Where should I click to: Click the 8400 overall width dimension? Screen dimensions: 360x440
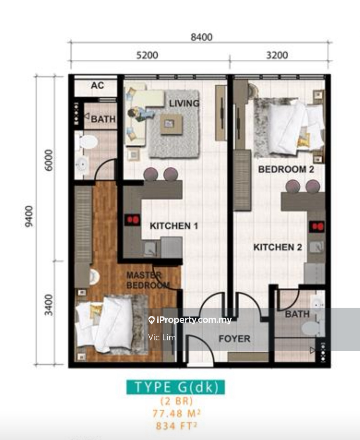pyautogui.click(x=202, y=37)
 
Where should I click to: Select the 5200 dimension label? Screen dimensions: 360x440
pyautogui.click(x=147, y=55)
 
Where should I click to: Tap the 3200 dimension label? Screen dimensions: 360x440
pyautogui.click(x=277, y=55)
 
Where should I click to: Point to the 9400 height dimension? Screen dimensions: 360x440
pyautogui.click(x=29, y=216)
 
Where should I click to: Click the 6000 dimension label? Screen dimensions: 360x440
pyautogui.click(x=49, y=160)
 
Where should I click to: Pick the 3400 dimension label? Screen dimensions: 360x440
pyautogui.click(x=49, y=305)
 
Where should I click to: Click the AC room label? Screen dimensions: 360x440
pyautogui.click(x=97, y=85)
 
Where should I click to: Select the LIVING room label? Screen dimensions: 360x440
pyautogui.click(x=184, y=103)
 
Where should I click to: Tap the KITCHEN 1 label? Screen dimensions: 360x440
pyautogui.click(x=174, y=226)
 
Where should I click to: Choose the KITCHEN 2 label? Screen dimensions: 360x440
pyautogui.click(x=278, y=247)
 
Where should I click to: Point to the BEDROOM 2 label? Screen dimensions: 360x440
pyautogui.click(x=286, y=169)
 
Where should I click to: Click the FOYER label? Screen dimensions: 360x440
pyautogui.click(x=235, y=339)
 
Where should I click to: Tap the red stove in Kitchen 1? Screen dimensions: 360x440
pyautogui.click(x=133, y=220)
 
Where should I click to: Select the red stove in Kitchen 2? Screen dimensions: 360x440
pyautogui.click(x=317, y=226)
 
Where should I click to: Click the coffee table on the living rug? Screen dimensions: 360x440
pyautogui.click(x=171, y=124)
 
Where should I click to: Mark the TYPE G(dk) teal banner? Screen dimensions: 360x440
pyautogui.click(x=176, y=387)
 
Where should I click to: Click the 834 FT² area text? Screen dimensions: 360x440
pyautogui.click(x=176, y=426)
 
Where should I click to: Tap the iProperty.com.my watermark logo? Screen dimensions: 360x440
pyautogui.click(x=190, y=320)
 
